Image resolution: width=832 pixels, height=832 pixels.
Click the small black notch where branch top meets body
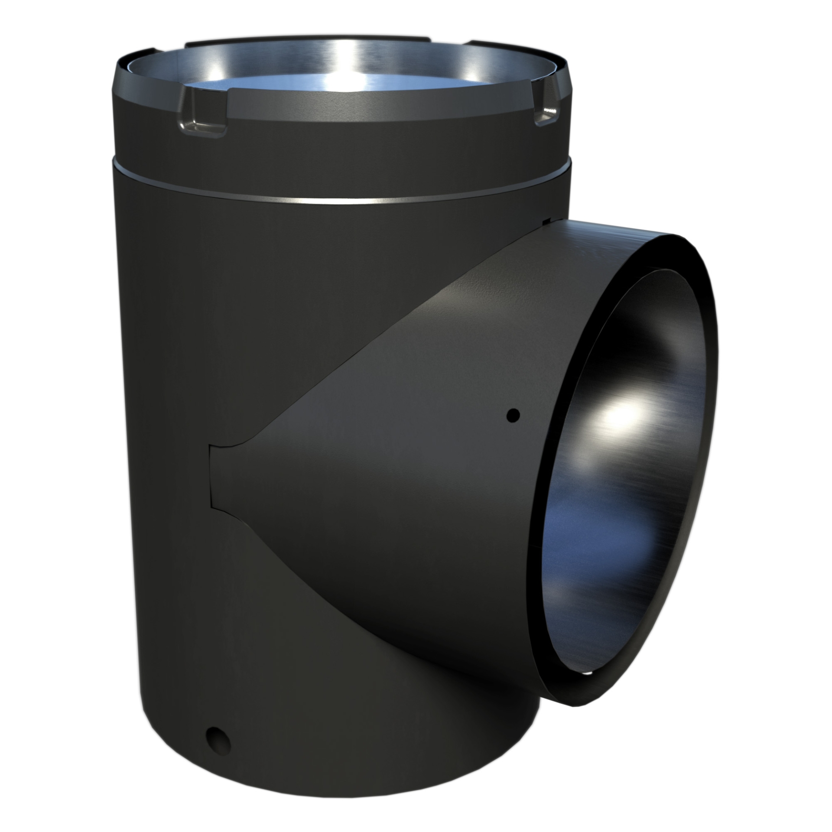[x=546, y=221]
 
